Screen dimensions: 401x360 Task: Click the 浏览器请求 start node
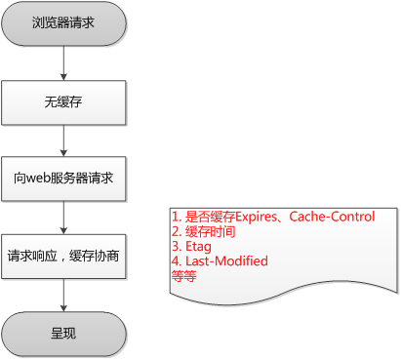point(63,21)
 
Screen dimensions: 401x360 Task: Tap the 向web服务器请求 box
point(63,179)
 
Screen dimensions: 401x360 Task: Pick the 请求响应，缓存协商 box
point(63,257)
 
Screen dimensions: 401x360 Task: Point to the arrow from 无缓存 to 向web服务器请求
point(63,139)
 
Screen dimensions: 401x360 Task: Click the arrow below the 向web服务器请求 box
point(63,218)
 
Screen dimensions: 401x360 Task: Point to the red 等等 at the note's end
point(182,276)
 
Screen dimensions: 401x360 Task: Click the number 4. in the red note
point(176,261)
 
